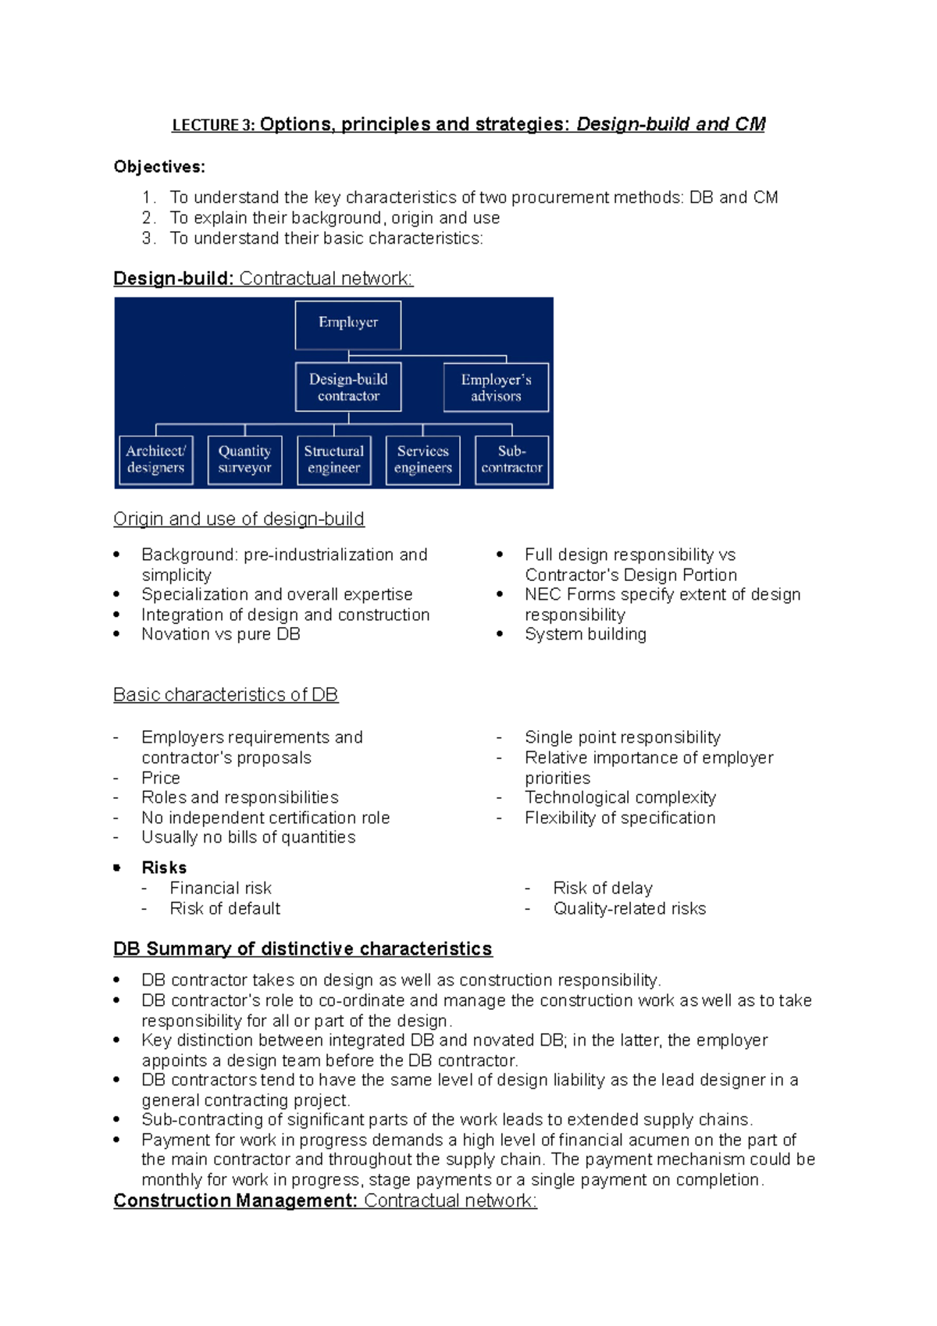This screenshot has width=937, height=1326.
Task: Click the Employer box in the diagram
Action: pos(348,325)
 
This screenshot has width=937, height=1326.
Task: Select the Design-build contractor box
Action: pos(348,387)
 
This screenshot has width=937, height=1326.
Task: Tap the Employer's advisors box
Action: pos(496,387)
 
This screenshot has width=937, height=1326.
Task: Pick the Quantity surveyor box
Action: pos(244,460)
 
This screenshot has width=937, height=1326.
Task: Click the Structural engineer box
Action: pos(334,460)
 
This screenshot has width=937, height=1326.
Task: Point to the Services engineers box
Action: pos(422,460)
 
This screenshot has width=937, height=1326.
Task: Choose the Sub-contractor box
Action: pos(511,460)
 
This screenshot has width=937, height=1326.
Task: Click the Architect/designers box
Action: pos(156,460)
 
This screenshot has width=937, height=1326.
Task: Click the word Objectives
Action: pos(159,166)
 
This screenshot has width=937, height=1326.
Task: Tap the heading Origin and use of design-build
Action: pos(238,519)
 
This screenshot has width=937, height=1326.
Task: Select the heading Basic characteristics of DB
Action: pos(225,694)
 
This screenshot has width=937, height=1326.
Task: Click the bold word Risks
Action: pos(164,868)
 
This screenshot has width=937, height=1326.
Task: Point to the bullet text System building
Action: pos(585,634)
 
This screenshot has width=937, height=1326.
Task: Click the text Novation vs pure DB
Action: pos(220,634)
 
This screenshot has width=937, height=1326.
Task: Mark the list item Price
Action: pos(161,778)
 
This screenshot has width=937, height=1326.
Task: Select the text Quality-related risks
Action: pos(629,908)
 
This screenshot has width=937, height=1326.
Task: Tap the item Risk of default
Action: pos(225,908)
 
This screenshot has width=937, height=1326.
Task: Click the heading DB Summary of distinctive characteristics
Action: pos(302,949)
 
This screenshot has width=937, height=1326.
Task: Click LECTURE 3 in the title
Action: pos(212,125)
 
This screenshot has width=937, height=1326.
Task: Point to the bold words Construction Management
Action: pos(235,1200)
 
